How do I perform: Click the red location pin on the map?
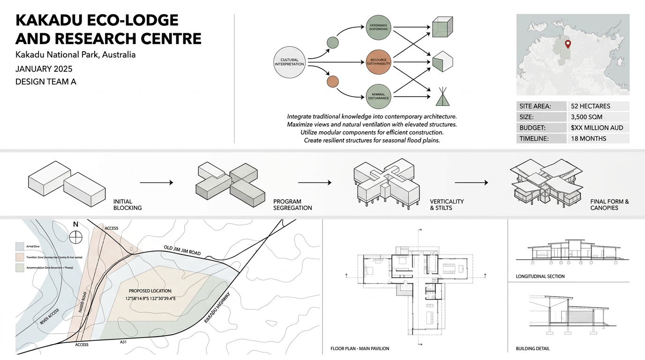click(568, 45)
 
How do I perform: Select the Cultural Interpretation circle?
click(289, 62)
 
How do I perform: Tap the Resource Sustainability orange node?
click(378, 62)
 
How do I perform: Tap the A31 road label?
click(123, 342)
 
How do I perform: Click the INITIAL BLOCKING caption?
click(127, 204)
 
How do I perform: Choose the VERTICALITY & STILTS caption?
click(447, 204)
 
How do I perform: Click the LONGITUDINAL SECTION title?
click(540, 277)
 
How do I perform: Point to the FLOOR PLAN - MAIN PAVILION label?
click(360, 349)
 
